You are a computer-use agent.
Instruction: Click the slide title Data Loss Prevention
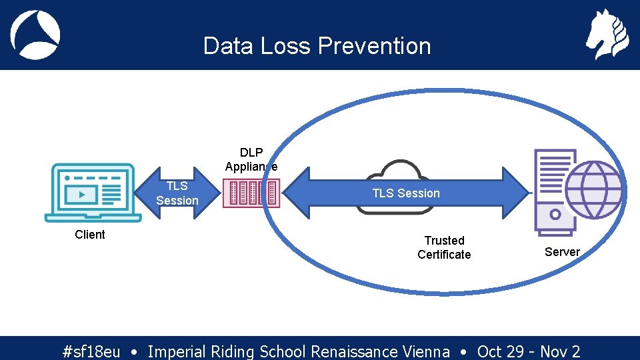pos(317,46)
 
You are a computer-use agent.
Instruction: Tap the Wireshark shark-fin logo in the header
pos(35,35)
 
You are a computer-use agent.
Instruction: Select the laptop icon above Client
pos(93,193)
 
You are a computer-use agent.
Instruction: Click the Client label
pos(90,235)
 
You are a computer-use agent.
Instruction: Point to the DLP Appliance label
pos(251,160)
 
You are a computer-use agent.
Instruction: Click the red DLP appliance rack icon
pos(252,193)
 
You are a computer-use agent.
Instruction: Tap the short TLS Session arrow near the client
pos(177,193)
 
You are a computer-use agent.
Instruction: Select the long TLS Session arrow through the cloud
pos(405,193)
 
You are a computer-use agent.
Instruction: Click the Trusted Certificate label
pos(444,247)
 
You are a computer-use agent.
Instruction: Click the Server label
pos(562,252)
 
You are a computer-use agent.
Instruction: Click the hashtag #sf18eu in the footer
pos(91,351)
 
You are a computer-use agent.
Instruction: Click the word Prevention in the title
pos(374,46)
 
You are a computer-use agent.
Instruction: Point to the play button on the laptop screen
pos(81,195)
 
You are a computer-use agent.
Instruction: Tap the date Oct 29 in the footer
pos(500,351)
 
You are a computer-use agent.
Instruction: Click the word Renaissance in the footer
pos(355,351)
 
